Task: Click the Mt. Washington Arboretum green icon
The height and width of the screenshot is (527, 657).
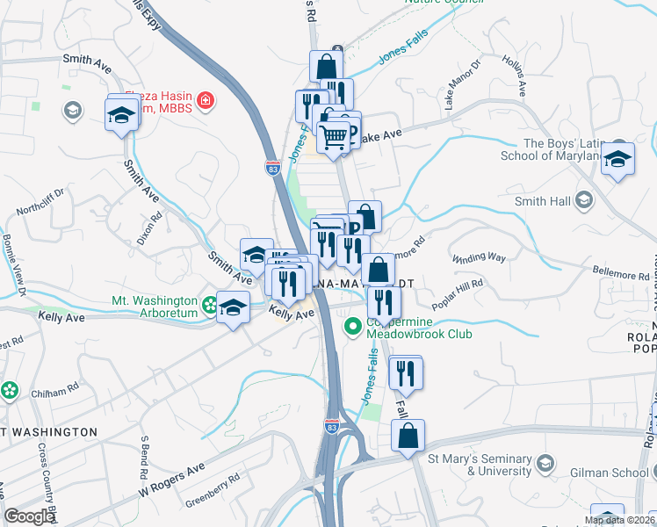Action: (209, 306)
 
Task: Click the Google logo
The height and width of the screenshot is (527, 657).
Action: (29, 516)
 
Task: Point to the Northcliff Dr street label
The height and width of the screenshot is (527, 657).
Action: (40, 203)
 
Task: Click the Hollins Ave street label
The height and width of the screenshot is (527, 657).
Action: (514, 76)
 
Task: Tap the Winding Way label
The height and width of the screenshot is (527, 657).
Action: (479, 258)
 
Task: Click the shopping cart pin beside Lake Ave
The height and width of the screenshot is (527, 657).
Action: (334, 136)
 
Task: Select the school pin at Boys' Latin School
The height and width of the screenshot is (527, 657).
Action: (618, 159)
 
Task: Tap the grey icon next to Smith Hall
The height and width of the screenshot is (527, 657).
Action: (584, 200)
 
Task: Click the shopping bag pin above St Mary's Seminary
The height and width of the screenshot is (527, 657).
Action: (408, 435)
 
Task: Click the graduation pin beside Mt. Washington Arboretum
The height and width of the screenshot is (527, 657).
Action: (233, 308)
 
